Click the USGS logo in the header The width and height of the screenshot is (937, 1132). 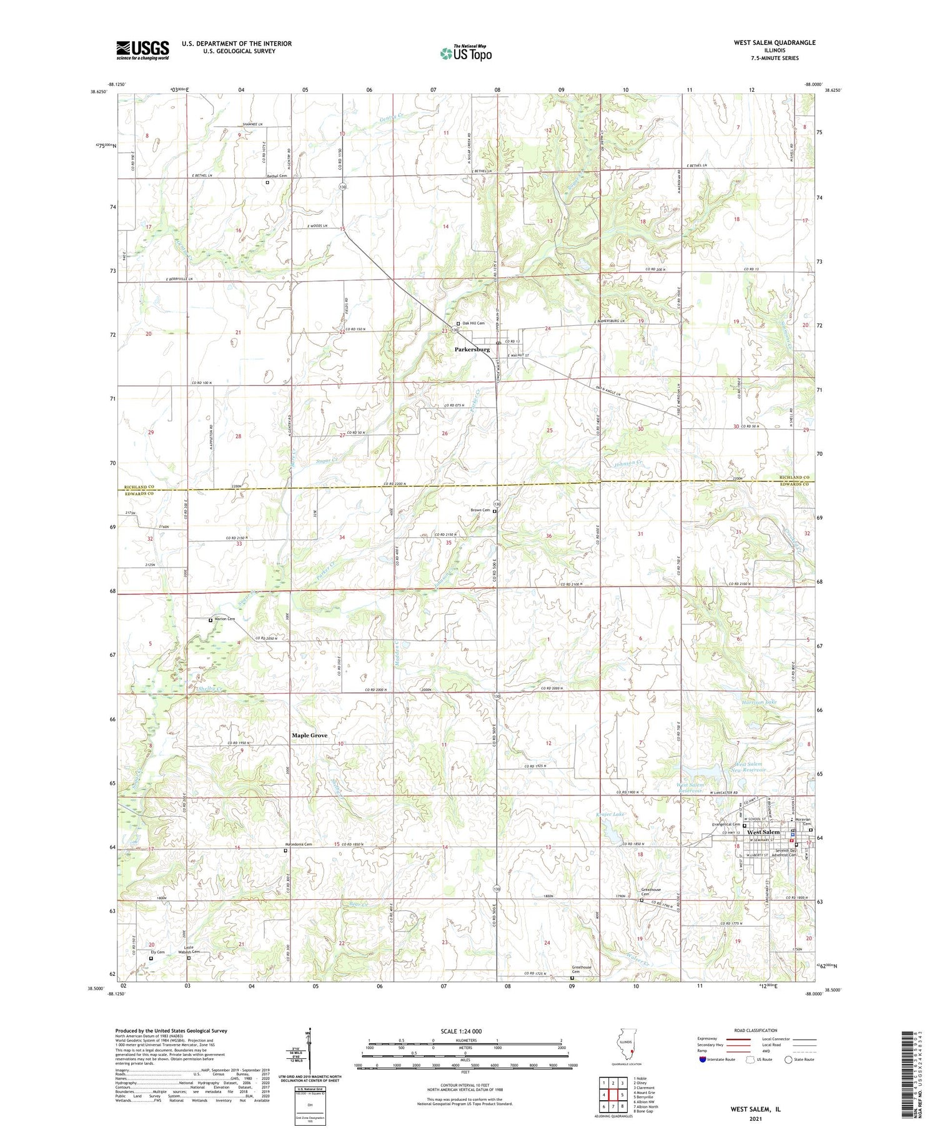tap(142, 50)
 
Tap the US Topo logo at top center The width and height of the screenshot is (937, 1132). tap(465, 54)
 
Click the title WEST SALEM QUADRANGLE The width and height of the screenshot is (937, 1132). tap(766, 42)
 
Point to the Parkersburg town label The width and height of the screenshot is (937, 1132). tap(472, 350)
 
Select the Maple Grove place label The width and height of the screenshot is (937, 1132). tap(309, 736)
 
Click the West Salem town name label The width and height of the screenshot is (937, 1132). tap(763, 832)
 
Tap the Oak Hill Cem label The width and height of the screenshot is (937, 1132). tap(473, 323)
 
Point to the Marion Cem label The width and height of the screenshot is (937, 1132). tap(224, 619)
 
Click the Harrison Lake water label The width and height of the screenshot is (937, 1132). tap(759, 702)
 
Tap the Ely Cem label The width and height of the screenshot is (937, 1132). tap(157, 952)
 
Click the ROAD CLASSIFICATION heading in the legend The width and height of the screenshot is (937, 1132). tap(756, 1031)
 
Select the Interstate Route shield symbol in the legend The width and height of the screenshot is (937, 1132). tap(702, 1059)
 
